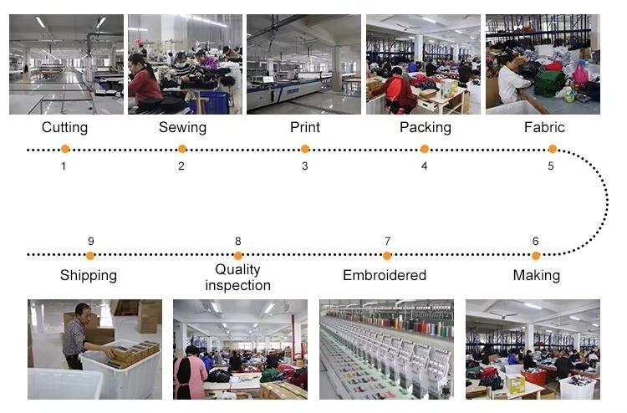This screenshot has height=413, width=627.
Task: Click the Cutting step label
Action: [64, 128]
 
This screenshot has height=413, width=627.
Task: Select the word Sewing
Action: [182, 128]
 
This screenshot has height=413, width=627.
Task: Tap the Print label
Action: [304, 128]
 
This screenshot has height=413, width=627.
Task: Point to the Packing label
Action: [425, 128]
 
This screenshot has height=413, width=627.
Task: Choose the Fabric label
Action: [544, 128]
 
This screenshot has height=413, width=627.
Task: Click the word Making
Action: [536, 275]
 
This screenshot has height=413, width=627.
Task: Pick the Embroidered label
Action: [385, 275]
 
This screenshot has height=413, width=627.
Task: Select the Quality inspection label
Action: [237, 277]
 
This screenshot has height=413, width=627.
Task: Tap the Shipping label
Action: [89, 275]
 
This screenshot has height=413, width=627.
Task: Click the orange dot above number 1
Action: [64, 150]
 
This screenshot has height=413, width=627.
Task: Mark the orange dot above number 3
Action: [305, 150]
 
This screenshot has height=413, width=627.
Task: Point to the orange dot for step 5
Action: [552, 150]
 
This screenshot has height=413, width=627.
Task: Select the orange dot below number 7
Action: [387, 255]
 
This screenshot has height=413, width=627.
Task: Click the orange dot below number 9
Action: [90, 255]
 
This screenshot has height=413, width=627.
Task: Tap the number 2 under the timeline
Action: [181, 166]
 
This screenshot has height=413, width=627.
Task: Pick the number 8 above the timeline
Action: [237, 241]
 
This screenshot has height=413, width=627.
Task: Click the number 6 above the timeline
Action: [535, 241]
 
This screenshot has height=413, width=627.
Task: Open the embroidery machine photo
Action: [386, 349]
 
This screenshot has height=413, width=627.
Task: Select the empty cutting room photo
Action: [66, 64]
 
